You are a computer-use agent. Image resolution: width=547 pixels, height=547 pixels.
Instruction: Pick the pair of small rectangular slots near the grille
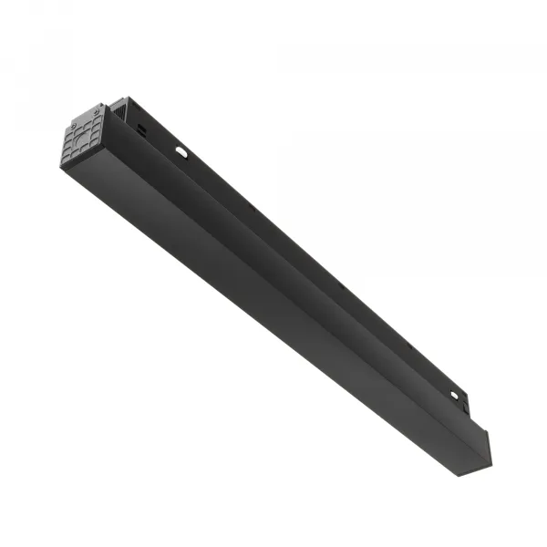(x=141, y=130)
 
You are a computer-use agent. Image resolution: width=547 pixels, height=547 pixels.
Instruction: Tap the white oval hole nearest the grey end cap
(x=181, y=151)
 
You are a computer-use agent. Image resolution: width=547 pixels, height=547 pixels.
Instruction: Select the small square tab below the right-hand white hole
(x=462, y=408)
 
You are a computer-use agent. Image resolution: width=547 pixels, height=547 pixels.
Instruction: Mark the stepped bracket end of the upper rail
(x=464, y=401)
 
